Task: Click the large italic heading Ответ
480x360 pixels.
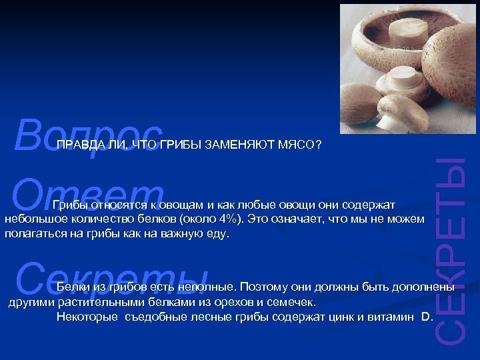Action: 87,193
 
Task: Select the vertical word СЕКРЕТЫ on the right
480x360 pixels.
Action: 455,253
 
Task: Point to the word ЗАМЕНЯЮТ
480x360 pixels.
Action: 238,145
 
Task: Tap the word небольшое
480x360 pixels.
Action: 33,219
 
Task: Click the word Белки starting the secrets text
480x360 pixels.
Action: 73,287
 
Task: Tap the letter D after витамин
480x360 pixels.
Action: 426,317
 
